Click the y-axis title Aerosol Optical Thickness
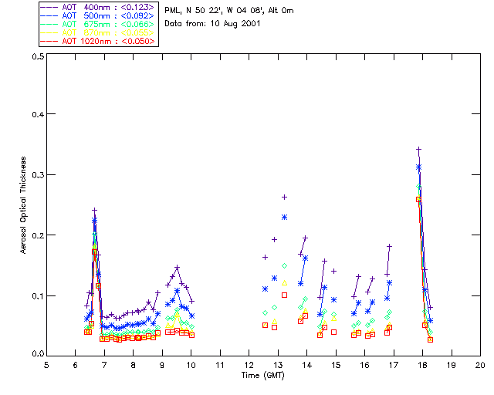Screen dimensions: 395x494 coord(24,204)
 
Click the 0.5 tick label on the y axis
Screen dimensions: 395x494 coord(36,56)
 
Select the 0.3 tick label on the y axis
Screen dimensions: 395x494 coord(36,175)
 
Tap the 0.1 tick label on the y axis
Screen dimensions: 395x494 coord(36,295)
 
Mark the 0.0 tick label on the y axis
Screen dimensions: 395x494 coord(36,354)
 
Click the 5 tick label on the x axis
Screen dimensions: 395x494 coord(46,365)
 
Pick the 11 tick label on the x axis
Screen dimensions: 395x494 coord(220,365)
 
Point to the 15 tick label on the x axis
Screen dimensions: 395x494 coord(336,365)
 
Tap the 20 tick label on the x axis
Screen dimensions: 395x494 coord(480,365)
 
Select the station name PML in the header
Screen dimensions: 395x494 coord(173,10)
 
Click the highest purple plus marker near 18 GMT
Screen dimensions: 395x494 coord(418,149)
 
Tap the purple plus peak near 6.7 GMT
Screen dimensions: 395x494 coord(94,210)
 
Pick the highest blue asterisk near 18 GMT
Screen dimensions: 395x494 coord(418,167)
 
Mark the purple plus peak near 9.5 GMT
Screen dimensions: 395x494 coord(177,268)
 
